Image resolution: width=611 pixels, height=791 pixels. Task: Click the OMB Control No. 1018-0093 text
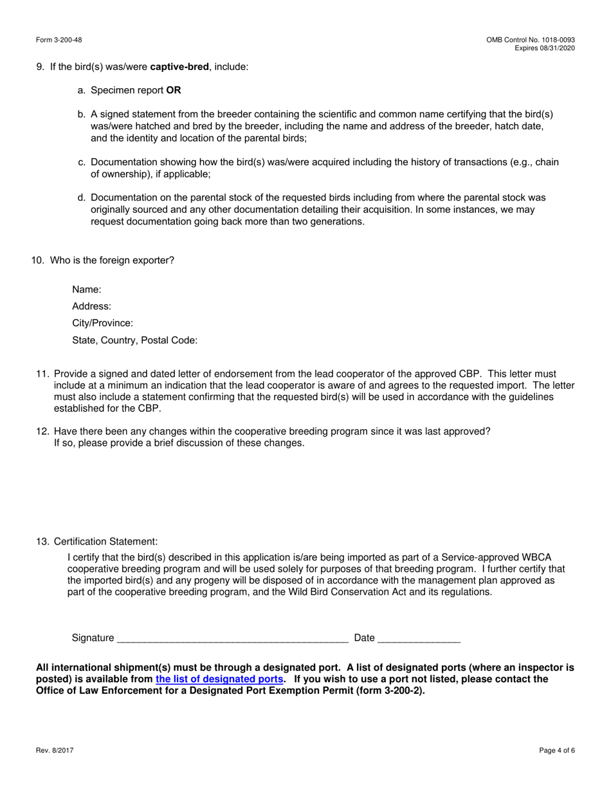(531, 40)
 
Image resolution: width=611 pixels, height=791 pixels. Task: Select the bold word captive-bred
(179, 67)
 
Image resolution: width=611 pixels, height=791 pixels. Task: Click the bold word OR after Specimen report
(174, 91)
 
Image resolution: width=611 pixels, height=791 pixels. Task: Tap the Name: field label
(87, 290)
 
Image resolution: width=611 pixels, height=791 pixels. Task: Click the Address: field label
(91, 307)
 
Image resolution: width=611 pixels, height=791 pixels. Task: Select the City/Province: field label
(102, 323)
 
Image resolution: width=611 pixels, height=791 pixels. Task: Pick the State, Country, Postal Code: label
(134, 340)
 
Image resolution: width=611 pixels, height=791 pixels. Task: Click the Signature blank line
(232, 638)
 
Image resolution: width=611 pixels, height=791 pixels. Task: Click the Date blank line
(419, 638)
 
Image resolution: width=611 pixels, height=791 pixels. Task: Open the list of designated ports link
(219, 679)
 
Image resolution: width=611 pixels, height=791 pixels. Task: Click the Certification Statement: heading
(105, 541)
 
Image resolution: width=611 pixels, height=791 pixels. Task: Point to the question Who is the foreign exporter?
(112, 260)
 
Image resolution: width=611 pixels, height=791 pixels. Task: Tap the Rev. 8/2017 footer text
(55, 750)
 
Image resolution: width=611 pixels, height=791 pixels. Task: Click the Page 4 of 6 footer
(557, 750)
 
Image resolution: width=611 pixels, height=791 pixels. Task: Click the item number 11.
(42, 374)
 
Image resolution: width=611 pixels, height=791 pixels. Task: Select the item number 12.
(42, 432)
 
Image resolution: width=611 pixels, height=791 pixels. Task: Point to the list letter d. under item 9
(82, 198)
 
